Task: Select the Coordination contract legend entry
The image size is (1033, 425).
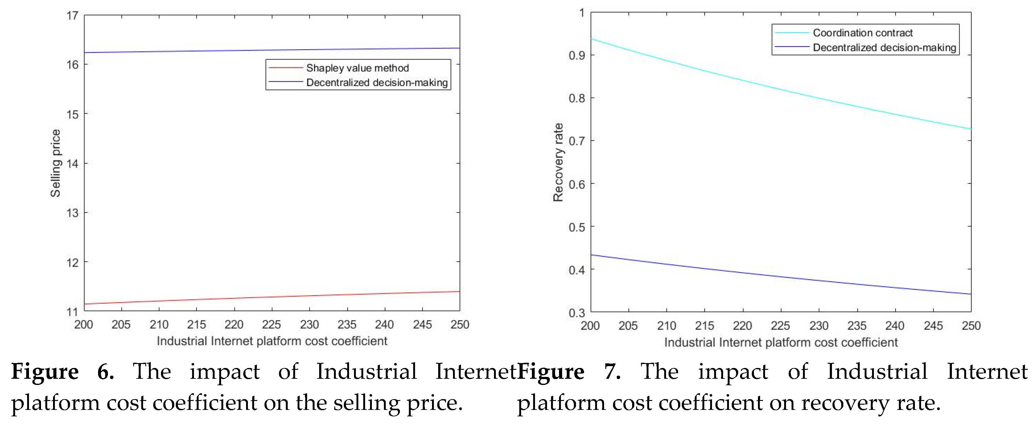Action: coord(862,32)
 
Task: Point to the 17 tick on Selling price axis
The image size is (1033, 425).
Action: coord(72,16)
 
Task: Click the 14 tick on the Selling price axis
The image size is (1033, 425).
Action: coord(72,164)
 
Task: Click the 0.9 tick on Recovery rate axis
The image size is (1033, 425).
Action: coord(577,55)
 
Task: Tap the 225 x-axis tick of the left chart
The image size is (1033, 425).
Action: coord(271,324)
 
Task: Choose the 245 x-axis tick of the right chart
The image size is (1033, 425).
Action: coord(933,325)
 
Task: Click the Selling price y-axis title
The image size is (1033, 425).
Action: coord(55,163)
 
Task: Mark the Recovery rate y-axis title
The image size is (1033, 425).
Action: coord(558,162)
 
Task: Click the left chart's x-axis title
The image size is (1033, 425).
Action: coord(272,341)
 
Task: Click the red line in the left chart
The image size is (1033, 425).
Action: coord(272,297)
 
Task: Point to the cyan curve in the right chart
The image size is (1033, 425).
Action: coord(781,89)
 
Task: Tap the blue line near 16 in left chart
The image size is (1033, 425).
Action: coord(272,50)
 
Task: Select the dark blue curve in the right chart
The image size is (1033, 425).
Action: coord(781,276)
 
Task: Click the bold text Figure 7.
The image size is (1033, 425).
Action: coord(569,371)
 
